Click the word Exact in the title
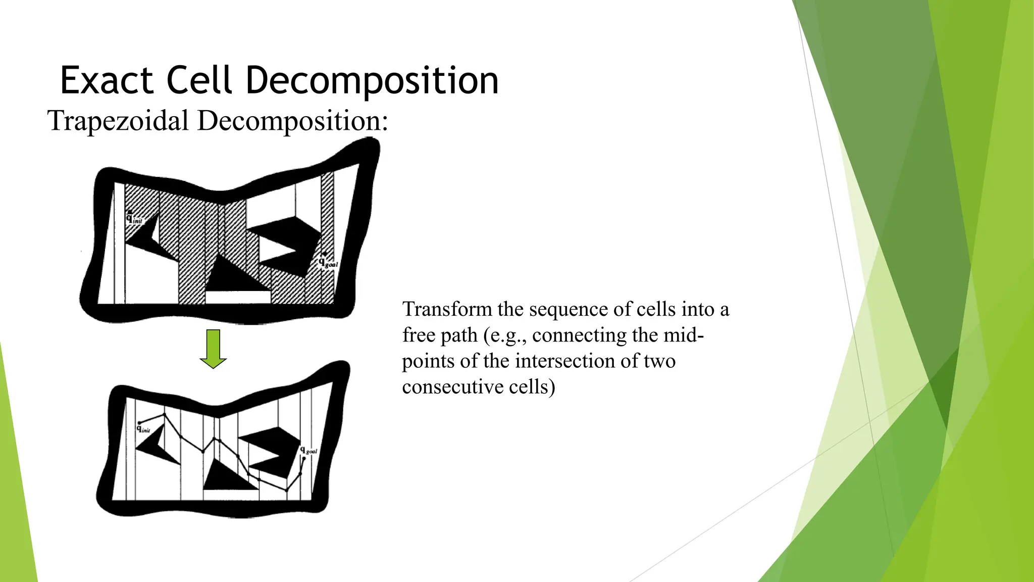pyautogui.click(x=107, y=80)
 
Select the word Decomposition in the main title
pyautogui.click(x=372, y=80)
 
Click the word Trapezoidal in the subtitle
pyautogui.click(x=118, y=121)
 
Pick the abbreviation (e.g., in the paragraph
pyautogui.click(x=505, y=335)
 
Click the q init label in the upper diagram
pyautogui.click(x=134, y=218)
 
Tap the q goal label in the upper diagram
pyautogui.click(x=327, y=263)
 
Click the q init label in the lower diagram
pyautogui.click(x=143, y=429)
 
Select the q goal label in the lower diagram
pyautogui.click(x=308, y=450)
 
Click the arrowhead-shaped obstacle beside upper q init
pyautogui.click(x=146, y=235)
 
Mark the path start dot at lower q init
pyautogui.click(x=140, y=423)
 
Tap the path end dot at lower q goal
pyautogui.click(x=304, y=459)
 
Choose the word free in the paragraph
pyautogui.click(x=415, y=335)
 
